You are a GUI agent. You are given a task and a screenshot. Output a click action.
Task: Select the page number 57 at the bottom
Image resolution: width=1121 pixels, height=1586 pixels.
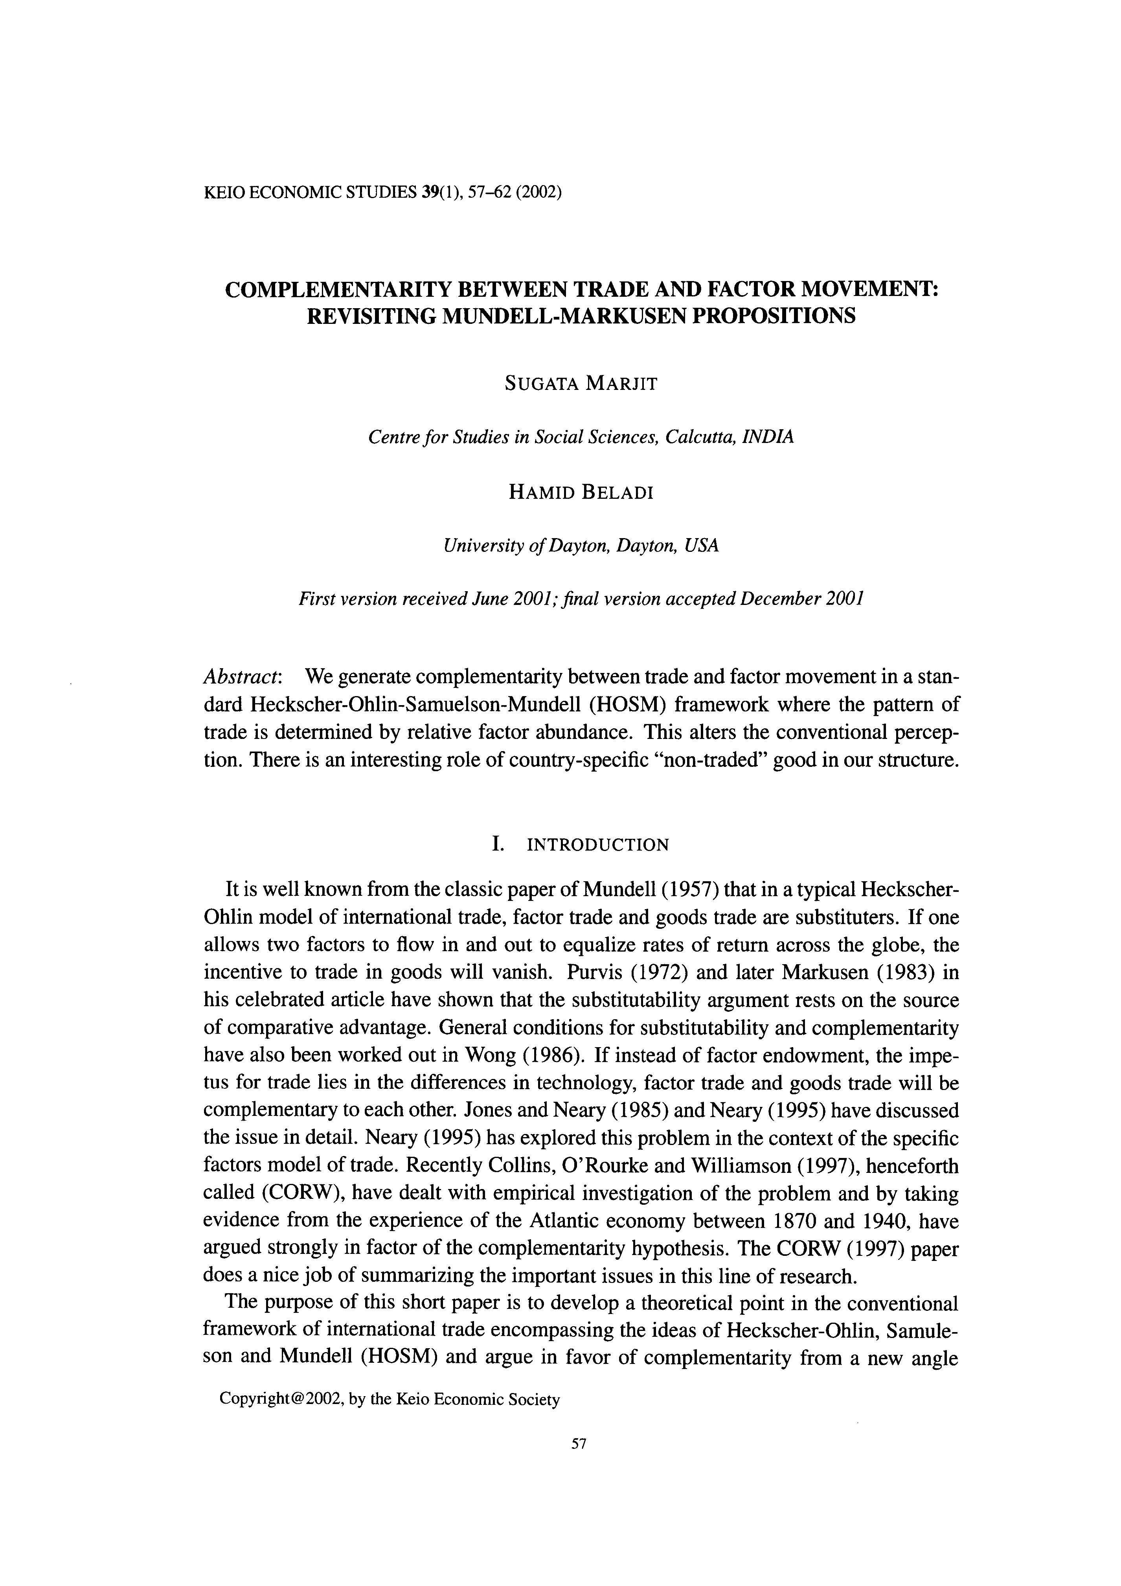[579, 1443]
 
